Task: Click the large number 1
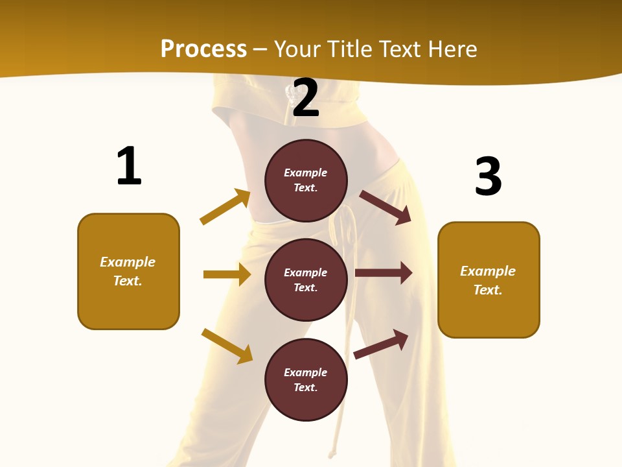129,166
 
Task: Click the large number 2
306,98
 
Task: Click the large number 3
488,176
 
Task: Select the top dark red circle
306,180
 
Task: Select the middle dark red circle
306,280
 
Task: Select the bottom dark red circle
306,379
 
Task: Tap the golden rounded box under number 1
128,271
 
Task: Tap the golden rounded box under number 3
489,280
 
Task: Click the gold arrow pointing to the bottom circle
227,346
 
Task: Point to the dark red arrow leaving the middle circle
384,273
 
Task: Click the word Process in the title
203,49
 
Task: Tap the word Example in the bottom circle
306,372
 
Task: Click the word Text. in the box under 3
488,290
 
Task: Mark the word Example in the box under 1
128,262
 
